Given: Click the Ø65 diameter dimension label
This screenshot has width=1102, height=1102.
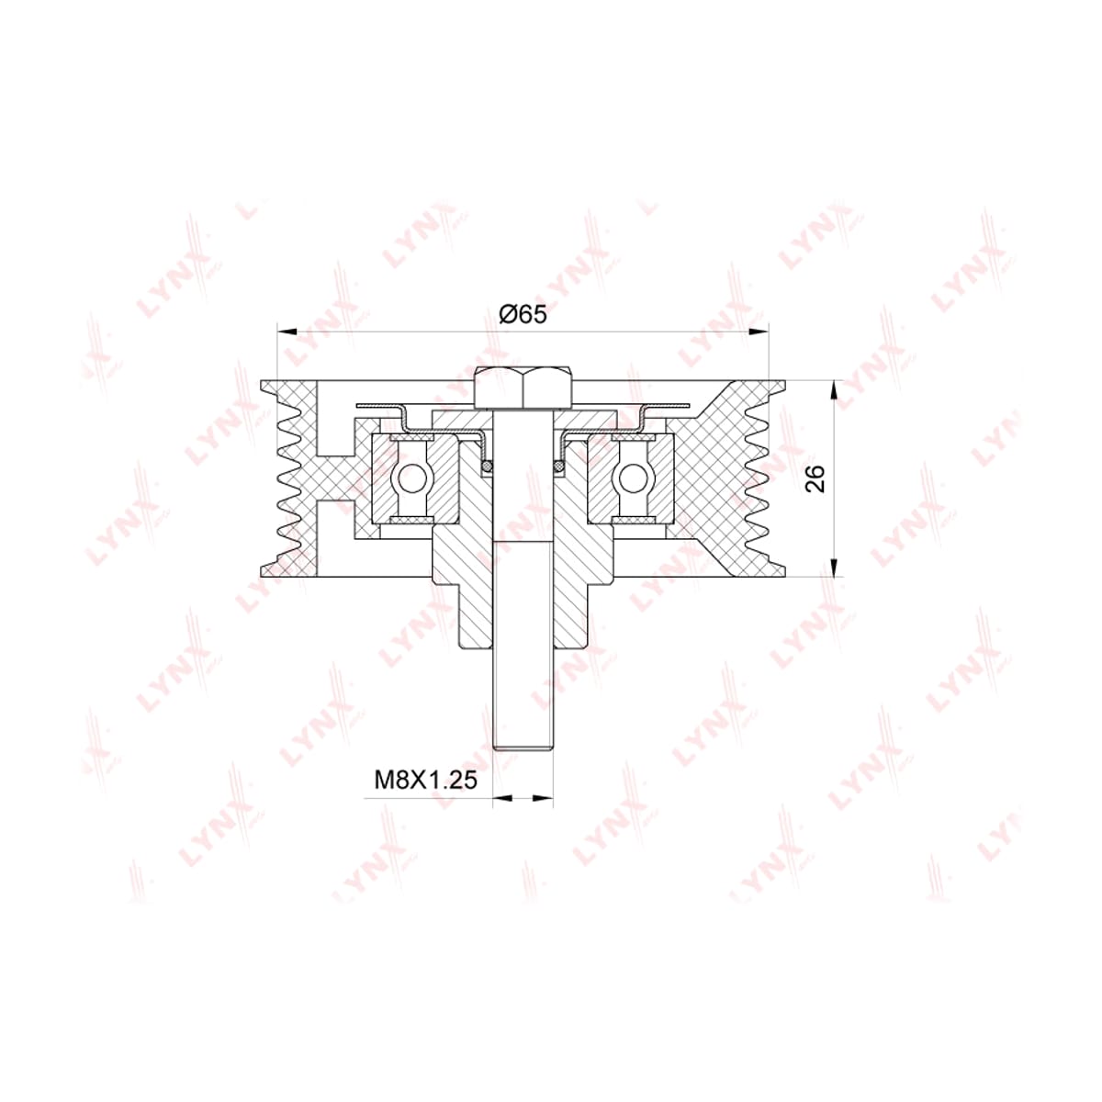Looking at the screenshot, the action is click(523, 314).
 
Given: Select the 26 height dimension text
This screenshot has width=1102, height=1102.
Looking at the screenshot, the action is click(815, 478).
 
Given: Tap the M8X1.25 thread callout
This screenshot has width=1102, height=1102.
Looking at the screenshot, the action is click(425, 780).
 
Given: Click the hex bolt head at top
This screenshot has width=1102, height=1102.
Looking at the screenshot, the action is click(523, 388).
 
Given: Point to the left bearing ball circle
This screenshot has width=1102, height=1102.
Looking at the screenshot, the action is click(410, 478).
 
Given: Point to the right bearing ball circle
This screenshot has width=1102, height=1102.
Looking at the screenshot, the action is click(633, 478).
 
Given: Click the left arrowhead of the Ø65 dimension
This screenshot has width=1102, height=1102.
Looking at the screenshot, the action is click(287, 332).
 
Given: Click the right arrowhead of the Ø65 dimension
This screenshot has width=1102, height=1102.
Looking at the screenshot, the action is click(759, 332).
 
